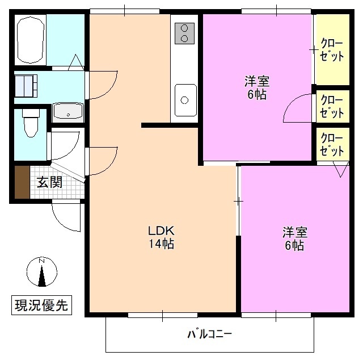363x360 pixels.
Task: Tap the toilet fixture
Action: point(30,123)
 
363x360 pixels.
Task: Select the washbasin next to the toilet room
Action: point(68,112)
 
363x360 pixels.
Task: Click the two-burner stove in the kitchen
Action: point(185,33)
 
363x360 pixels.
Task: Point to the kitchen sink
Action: point(185,100)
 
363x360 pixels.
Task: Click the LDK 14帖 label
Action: point(161,238)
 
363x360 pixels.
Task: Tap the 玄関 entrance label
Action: point(50,182)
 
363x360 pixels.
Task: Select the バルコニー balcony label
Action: point(210,333)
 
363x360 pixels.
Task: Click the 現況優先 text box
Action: point(41,305)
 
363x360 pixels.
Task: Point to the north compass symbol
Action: point(41,272)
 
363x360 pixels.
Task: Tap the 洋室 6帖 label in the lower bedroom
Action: point(294,238)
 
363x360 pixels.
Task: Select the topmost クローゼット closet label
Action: point(332,49)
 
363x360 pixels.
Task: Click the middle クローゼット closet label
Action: point(332,106)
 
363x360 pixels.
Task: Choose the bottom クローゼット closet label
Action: point(332,145)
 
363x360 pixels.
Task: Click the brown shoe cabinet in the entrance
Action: point(22,182)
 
